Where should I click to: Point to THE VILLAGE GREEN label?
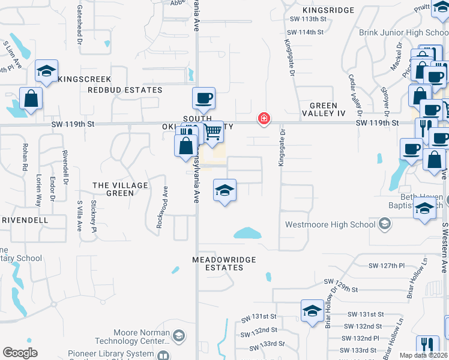pos(120,189)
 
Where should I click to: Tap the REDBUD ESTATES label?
pos(125,90)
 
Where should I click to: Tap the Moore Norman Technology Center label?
pos(141,337)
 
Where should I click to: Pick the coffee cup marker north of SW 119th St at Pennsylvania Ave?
pos(203,98)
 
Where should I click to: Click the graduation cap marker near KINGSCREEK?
pos(46,71)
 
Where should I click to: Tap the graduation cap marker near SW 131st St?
pos(312,311)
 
